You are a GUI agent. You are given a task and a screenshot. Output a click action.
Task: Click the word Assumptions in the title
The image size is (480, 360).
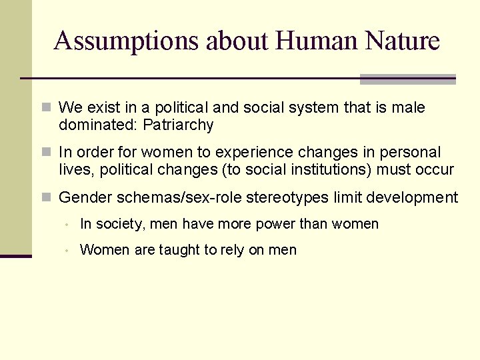127,41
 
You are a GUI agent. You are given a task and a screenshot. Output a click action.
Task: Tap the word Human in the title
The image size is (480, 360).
317,41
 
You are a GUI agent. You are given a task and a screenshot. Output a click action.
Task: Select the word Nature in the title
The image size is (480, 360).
403,41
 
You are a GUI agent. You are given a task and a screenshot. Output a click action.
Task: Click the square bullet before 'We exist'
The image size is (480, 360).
46,108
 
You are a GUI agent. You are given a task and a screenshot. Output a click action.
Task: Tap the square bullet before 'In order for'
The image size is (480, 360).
46,153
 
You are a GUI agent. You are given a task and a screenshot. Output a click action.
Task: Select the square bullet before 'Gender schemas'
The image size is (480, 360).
46,198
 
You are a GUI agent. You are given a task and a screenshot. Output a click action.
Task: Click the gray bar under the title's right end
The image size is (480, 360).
407,79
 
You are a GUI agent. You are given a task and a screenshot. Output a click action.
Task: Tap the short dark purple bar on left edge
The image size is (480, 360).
15,256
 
